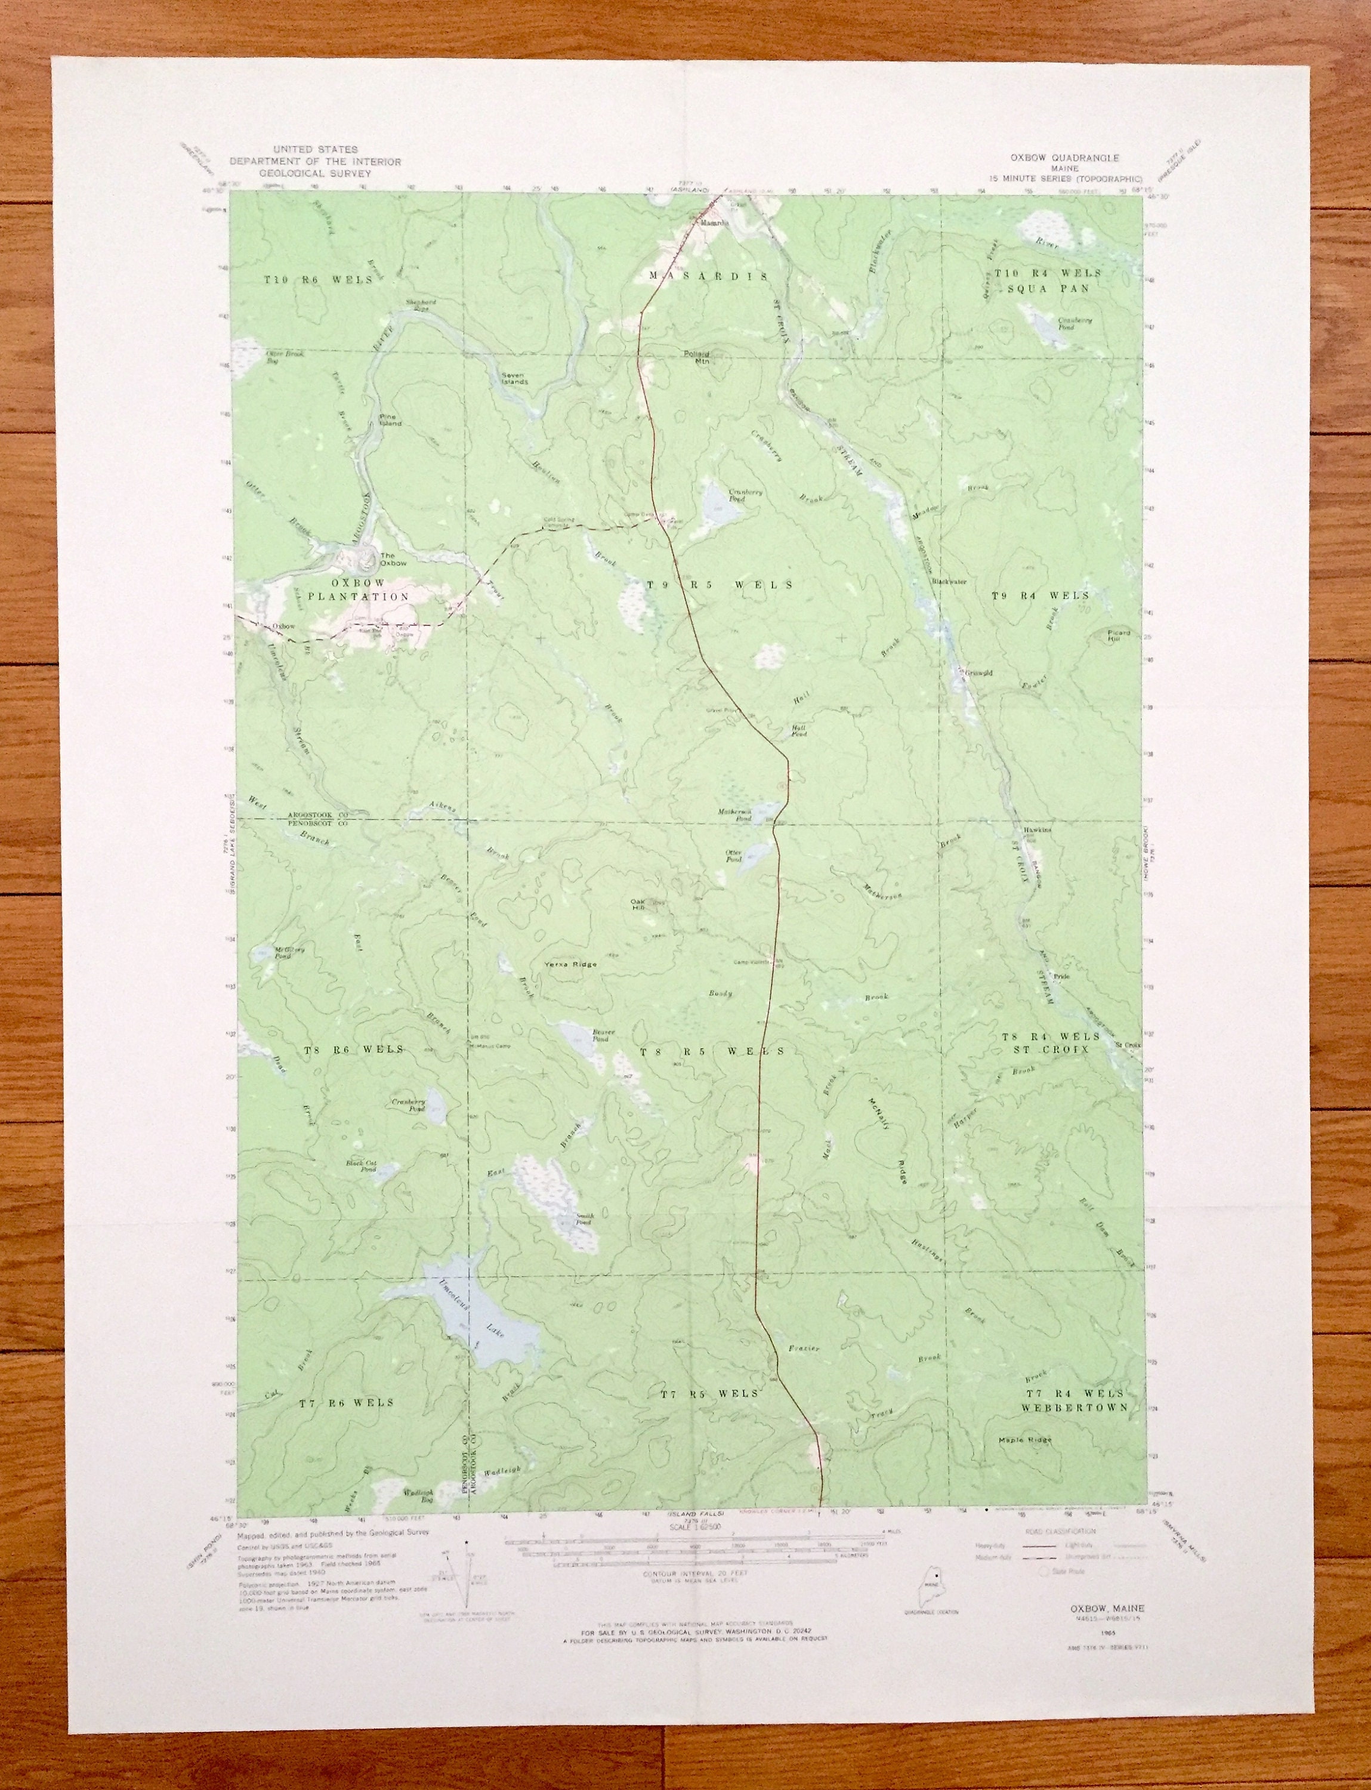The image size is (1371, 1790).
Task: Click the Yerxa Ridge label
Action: point(570,964)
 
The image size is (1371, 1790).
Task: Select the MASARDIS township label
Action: point(708,277)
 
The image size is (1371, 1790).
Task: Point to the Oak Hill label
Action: point(638,905)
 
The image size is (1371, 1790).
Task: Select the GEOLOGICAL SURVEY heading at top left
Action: point(315,174)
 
